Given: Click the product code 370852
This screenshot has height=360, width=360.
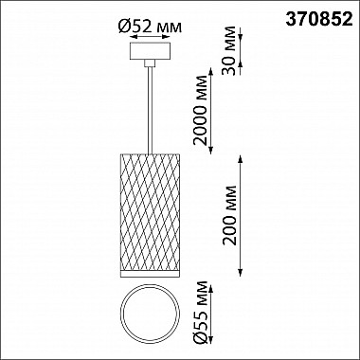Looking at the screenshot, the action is pyautogui.click(x=319, y=20).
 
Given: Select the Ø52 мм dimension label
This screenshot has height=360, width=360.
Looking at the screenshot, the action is pyautogui.click(x=150, y=27).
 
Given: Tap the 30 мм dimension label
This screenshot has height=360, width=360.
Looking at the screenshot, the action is pyautogui.click(x=229, y=50).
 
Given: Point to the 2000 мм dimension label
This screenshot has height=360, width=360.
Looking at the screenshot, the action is pyautogui.click(x=201, y=110).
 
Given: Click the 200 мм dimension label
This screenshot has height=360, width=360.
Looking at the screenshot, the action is pyautogui.click(x=229, y=215).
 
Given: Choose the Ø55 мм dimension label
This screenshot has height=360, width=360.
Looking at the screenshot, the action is pyautogui.click(x=201, y=312).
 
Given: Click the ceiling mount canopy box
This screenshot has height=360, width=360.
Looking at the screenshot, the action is pyautogui.click(x=150, y=51).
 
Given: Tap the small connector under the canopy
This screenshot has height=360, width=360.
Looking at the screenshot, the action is pyautogui.click(x=150, y=63).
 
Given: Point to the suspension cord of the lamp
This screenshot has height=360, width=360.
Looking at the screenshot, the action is pyautogui.click(x=150, y=111).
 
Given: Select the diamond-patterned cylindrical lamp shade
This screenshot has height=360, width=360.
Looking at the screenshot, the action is pyautogui.click(x=150, y=212).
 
